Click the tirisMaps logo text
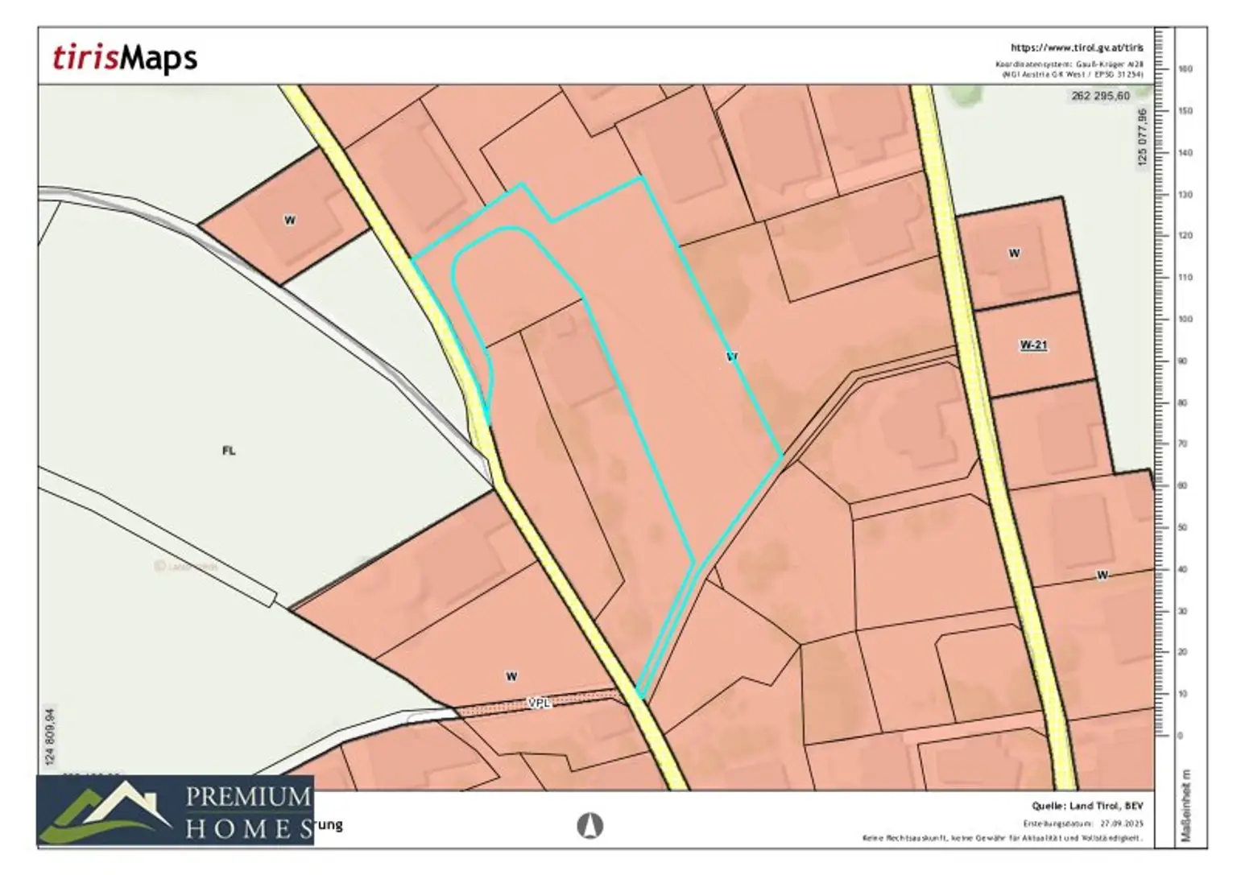pos(125,58)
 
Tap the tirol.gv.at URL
pos(1076,48)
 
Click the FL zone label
pos(229,451)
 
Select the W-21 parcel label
pos(1033,345)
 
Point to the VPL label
pos(539,704)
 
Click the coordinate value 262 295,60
pos(1100,96)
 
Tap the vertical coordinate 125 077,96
pos(1141,138)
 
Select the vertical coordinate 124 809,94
pos(52,737)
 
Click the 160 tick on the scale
pos(1185,69)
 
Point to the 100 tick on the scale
pos(1185,320)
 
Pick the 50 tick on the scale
pos(1183,528)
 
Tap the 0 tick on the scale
pos(1181,736)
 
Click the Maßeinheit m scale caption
pos(1185,806)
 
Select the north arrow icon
pos(591,825)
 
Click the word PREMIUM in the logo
pos(248,798)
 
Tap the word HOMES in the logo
pos(248,829)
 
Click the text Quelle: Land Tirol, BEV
pos(1087,806)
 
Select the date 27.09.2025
pos(1122,823)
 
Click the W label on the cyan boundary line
pos(732,356)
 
